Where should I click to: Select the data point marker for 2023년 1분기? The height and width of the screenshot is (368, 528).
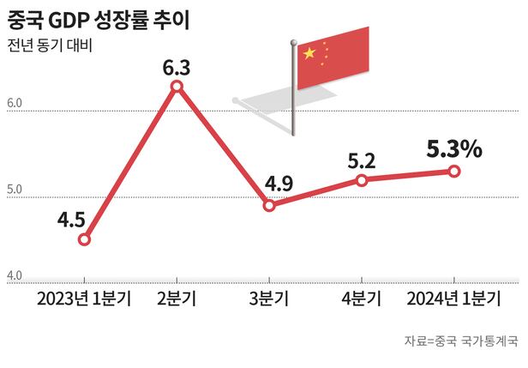[x=84, y=239]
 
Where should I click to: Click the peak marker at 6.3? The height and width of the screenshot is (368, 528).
[x=177, y=87]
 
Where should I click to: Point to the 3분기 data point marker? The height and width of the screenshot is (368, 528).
[x=269, y=206]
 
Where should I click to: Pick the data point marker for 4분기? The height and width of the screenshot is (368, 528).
[x=362, y=180]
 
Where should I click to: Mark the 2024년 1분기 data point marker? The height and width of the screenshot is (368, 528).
[x=454, y=172]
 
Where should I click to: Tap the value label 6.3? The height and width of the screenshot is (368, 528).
[x=177, y=65]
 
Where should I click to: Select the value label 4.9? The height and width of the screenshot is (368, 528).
[x=279, y=184]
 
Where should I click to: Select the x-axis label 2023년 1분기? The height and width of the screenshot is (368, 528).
[x=84, y=299]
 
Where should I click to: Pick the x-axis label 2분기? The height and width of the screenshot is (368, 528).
[x=177, y=299]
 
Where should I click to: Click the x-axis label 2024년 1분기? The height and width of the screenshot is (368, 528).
[x=454, y=299]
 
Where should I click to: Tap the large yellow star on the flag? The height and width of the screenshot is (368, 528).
[x=309, y=54]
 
